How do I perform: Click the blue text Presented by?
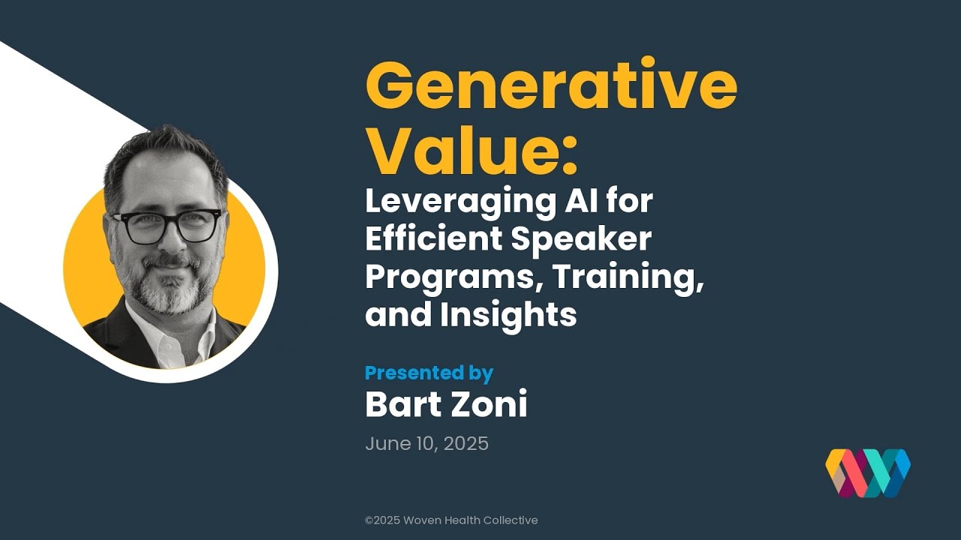[x=429, y=373]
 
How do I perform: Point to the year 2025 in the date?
[x=466, y=443]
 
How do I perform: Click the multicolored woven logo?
[x=868, y=472]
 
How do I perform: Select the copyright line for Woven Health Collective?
[x=451, y=520]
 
